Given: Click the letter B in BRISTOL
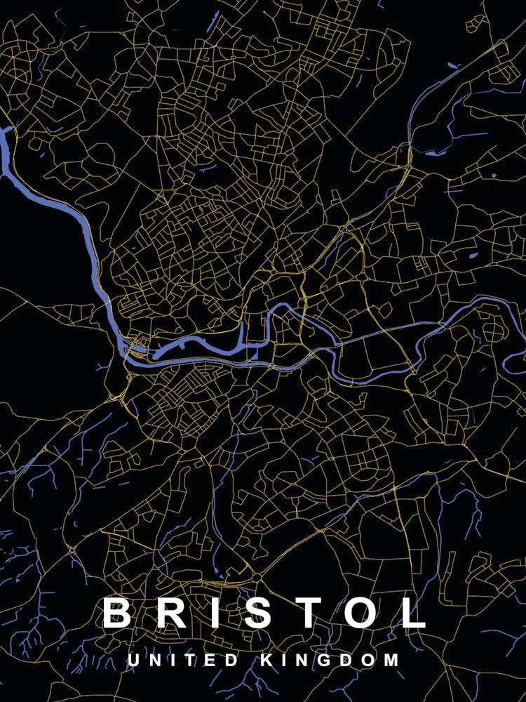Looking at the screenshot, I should pos(117,612).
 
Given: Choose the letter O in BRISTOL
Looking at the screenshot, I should pos(361,612).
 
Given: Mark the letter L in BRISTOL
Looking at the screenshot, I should pos(413,612).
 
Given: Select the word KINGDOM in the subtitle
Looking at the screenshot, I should pos(330,661).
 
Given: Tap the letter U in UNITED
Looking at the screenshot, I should pos(133,661).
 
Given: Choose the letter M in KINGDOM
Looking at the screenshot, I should pos(392,661).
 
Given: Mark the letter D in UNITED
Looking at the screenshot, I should pos(232,661).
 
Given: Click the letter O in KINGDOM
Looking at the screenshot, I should pos(370,661).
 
